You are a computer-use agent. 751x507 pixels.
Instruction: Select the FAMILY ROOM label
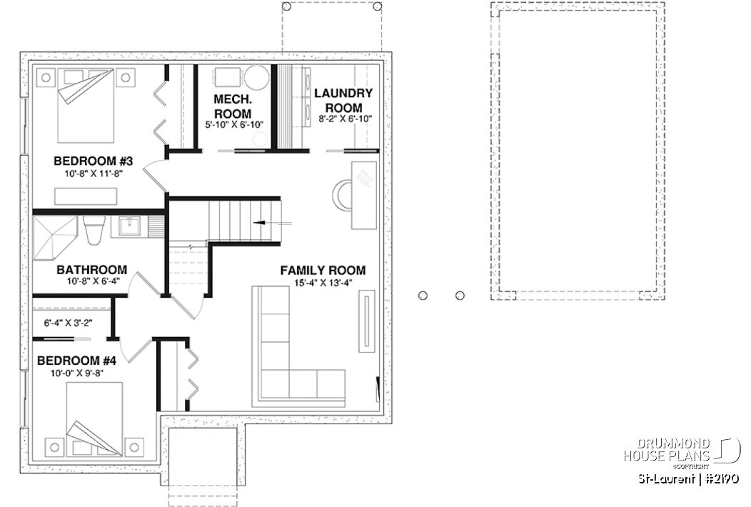point(323,271)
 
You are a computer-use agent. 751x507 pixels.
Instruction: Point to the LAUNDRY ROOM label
point(343,100)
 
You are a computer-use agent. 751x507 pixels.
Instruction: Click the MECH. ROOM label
point(232,107)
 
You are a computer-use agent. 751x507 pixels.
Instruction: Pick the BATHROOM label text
point(91,270)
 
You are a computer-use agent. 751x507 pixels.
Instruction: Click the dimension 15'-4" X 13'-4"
point(323,283)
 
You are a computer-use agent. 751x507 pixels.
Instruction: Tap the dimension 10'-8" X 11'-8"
point(88,173)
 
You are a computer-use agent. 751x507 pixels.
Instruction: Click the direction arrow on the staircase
point(261,222)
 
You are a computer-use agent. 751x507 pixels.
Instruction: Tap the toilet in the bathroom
point(94,230)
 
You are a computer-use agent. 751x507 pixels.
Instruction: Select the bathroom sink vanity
point(128,227)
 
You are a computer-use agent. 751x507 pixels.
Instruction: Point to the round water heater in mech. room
point(258,78)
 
